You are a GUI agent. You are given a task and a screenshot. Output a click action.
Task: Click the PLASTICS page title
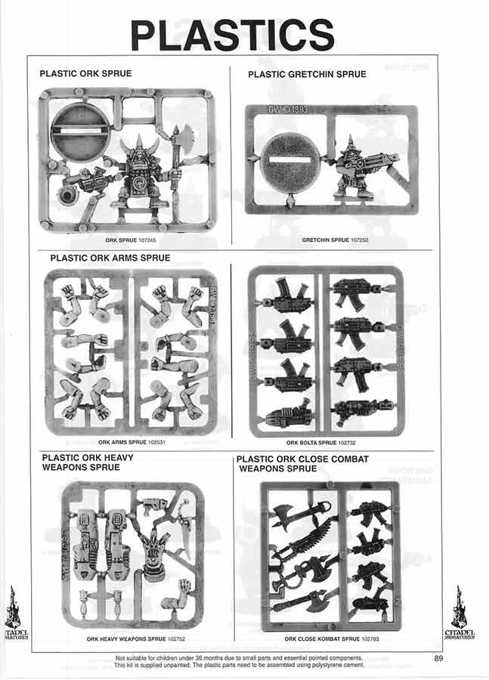[x=232, y=35]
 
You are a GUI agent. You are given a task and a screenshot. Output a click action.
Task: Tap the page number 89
[x=438, y=658]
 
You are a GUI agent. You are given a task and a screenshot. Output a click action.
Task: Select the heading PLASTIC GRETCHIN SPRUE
[x=307, y=74]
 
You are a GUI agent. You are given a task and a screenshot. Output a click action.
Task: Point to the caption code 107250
[x=360, y=240]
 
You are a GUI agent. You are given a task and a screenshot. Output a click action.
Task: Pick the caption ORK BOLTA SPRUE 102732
[x=320, y=443]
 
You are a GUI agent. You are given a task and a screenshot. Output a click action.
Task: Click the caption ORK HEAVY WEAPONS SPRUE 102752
[x=136, y=638]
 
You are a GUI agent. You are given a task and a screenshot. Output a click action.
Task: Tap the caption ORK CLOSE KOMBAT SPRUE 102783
[x=332, y=638]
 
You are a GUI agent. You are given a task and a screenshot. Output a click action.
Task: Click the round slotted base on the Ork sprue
[x=81, y=130]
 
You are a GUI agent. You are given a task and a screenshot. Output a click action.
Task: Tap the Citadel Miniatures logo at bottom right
[x=459, y=612]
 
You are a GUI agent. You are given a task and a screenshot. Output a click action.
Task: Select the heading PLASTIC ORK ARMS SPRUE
[x=110, y=258]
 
